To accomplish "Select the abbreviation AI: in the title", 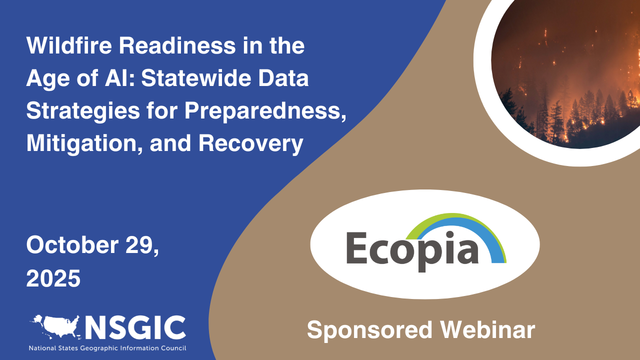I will (129, 79).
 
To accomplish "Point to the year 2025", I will (53, 278).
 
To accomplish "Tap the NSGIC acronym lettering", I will (135, 327).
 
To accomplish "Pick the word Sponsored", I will (369, 330).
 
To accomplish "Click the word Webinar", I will (487, 330).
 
